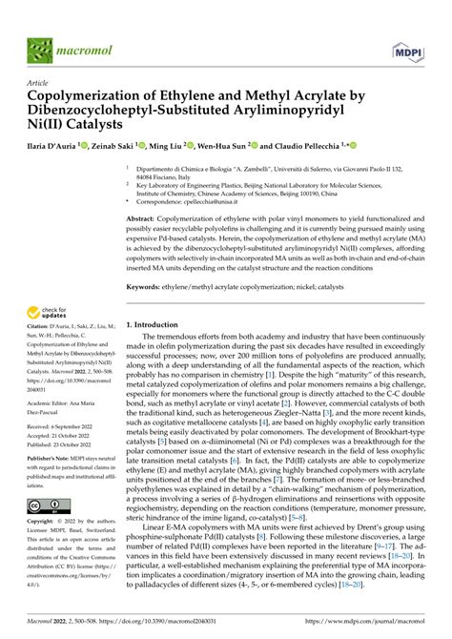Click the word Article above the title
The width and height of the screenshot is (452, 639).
40,83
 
